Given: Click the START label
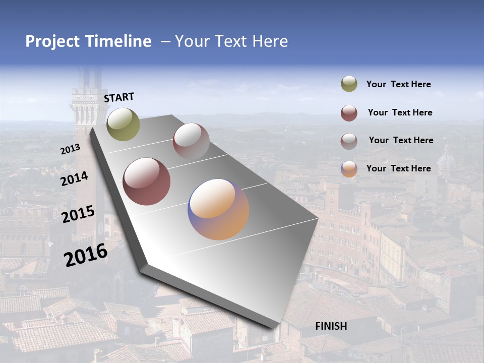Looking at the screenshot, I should [119, 97].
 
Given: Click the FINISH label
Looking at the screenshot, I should [331, 326].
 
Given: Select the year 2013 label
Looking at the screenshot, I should [70, 150].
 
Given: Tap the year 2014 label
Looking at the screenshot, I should [74, 179].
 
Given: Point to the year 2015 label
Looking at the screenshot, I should [78, 214].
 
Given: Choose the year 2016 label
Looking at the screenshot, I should [86, 255].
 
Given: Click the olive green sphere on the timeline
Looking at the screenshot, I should [123, 125].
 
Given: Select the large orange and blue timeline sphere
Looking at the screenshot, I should [218, 209].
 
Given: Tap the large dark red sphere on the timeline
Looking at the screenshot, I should [147, 181].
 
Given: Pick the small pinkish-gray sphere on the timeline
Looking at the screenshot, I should [191, 141].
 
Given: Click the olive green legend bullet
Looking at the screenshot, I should [349, 84].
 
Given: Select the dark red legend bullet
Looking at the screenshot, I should [349, 113].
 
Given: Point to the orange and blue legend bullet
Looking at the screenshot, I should [349, 169].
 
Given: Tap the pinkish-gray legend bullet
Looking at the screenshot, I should [349, 141].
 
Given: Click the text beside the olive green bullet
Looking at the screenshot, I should [398, 85].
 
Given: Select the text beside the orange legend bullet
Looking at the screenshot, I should [398, 168].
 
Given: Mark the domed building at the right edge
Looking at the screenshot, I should [446, 161].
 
